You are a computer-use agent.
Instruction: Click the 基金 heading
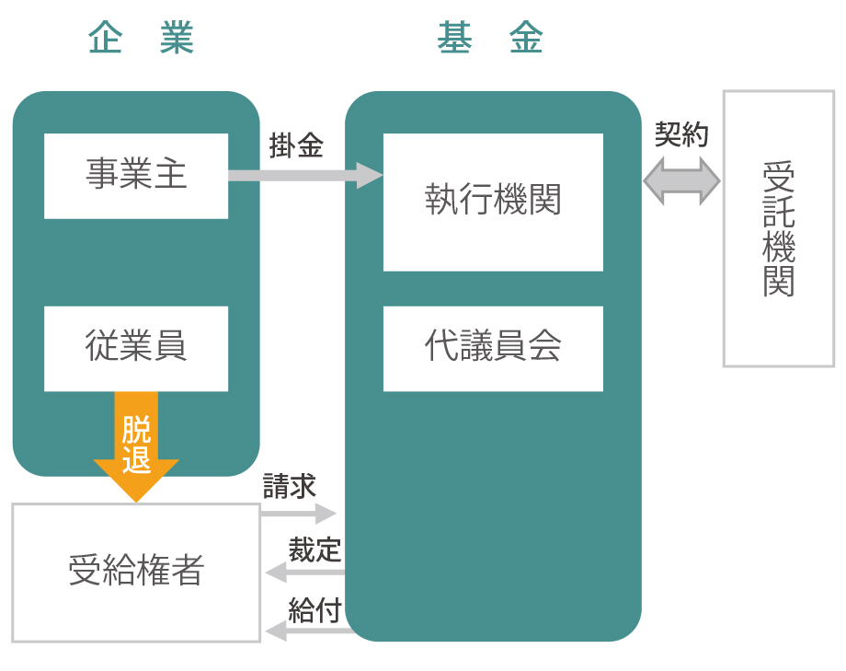click(x=490, y=39)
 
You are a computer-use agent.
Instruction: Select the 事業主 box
click(x=136, y=175)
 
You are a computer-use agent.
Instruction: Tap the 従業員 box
click(x=136, y=347)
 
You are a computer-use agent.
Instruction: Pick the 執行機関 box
click(x=493, y=201)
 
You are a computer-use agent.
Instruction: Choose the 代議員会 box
click(x=493, y=347)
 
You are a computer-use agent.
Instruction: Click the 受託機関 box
click(x=778, y=228)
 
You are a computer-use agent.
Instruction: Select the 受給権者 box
click(x=136, y=572)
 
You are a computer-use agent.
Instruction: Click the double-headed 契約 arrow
click(x=681, y=180)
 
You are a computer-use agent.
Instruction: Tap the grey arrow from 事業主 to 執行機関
click(x=303, y=175)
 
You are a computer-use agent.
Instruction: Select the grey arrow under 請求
click(x=300, y=513)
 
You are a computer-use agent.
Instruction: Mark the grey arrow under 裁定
click(x=303, y=573)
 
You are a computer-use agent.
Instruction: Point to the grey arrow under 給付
click(x=308, y=631)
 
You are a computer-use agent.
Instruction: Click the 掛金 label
click(x=296, y=145)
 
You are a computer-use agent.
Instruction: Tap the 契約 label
click(x=681, y=134)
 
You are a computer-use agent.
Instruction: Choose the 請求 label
click(x=290, y=486)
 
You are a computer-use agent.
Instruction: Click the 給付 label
click(x=314, y=609)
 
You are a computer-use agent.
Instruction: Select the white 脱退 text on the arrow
click(x=136, y=444)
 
